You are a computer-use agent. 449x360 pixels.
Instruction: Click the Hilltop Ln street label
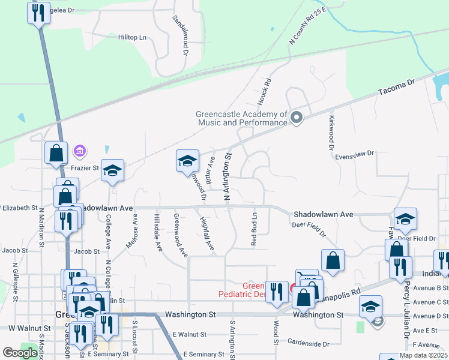click(132, 37)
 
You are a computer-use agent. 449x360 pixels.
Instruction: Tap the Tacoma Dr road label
click(396, 91)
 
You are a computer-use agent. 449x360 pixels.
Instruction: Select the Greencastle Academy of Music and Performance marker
click(295, 118)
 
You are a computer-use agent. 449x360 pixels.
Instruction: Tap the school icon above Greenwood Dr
click(187, 161)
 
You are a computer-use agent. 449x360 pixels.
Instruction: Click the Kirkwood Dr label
click(331, 133)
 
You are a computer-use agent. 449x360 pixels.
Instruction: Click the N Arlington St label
click(228, 176)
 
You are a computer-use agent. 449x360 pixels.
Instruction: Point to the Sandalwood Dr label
click(180, 36)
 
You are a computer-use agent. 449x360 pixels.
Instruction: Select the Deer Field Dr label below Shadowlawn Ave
click(309, 228)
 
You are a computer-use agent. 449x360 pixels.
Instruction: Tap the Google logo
click(20, 353)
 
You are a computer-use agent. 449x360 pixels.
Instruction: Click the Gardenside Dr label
click(308, 344)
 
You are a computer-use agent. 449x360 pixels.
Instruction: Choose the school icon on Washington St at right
click(371, 306)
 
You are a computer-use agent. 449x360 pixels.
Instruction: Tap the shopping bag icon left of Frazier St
click(56, 152)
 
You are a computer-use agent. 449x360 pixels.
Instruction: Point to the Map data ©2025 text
click(423, 355)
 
